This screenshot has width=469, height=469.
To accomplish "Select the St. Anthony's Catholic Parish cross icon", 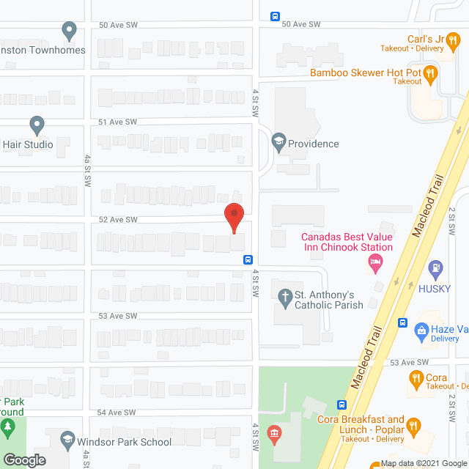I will tap(284, 296).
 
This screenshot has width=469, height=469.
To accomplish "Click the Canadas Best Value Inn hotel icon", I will tap(375, 262).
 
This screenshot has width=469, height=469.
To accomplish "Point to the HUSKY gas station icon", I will tap(436, 268).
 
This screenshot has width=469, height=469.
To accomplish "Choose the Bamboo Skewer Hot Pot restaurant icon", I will tap(432, 72).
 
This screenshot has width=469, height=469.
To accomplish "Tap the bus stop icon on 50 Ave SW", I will tap(276, 16).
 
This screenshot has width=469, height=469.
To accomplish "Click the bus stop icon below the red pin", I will tap(248, 259).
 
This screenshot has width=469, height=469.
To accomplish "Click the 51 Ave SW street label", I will tap(118, 122).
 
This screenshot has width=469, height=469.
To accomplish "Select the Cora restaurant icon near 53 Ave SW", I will tap(416, 379).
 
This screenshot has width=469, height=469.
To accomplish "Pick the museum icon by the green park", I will tap(275, 435).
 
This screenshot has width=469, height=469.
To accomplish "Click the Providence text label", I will tap(314, 144).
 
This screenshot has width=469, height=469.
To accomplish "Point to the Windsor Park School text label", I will tap(125, 442).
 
